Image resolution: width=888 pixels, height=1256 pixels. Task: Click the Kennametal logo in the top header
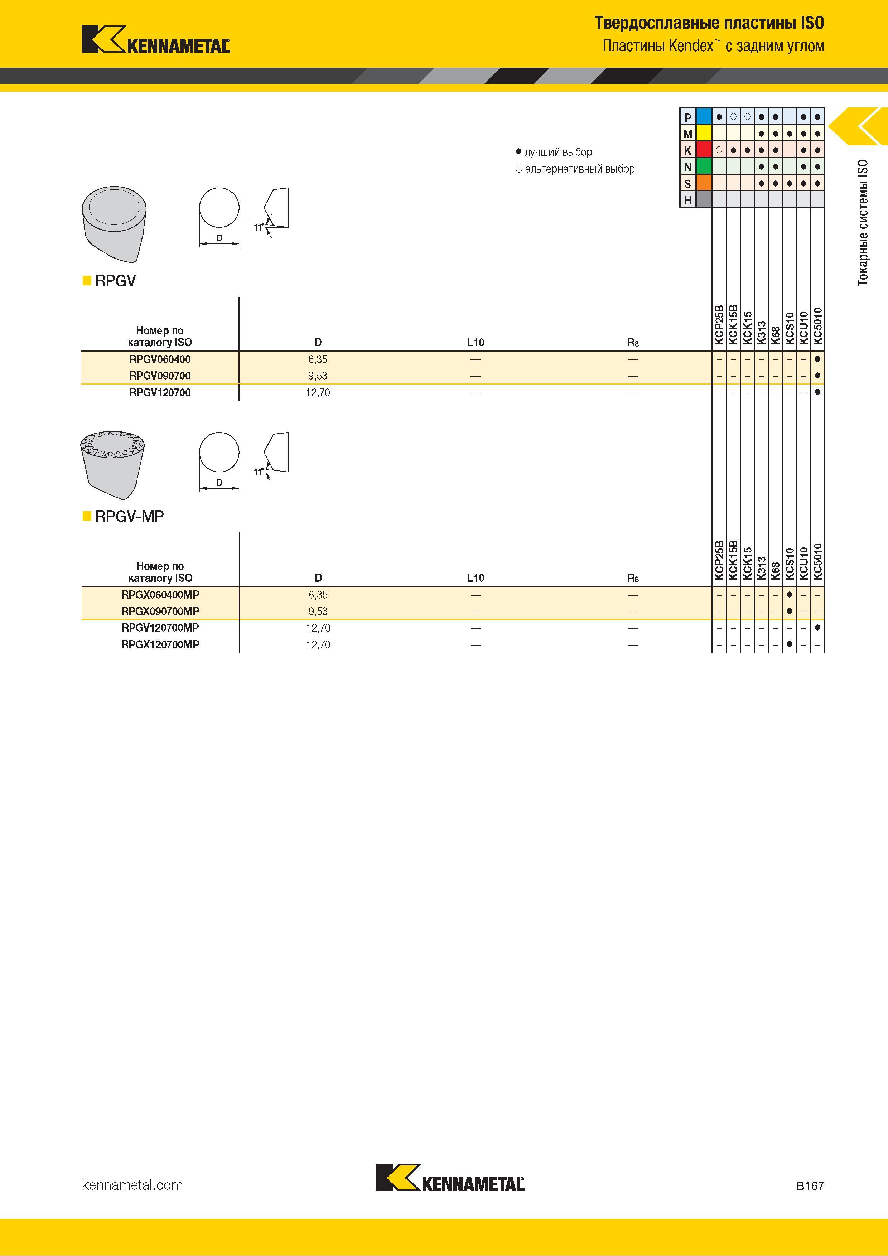click(156, 39)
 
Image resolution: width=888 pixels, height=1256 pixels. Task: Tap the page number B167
click(810, 1186)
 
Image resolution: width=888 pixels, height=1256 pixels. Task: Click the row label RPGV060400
click(160, 359)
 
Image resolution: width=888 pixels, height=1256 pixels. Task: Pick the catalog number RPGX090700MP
click(160, 611)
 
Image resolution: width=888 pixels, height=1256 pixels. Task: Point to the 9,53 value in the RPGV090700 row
click(318, 376)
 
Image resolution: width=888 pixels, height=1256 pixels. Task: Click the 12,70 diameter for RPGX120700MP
click(318, 645)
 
